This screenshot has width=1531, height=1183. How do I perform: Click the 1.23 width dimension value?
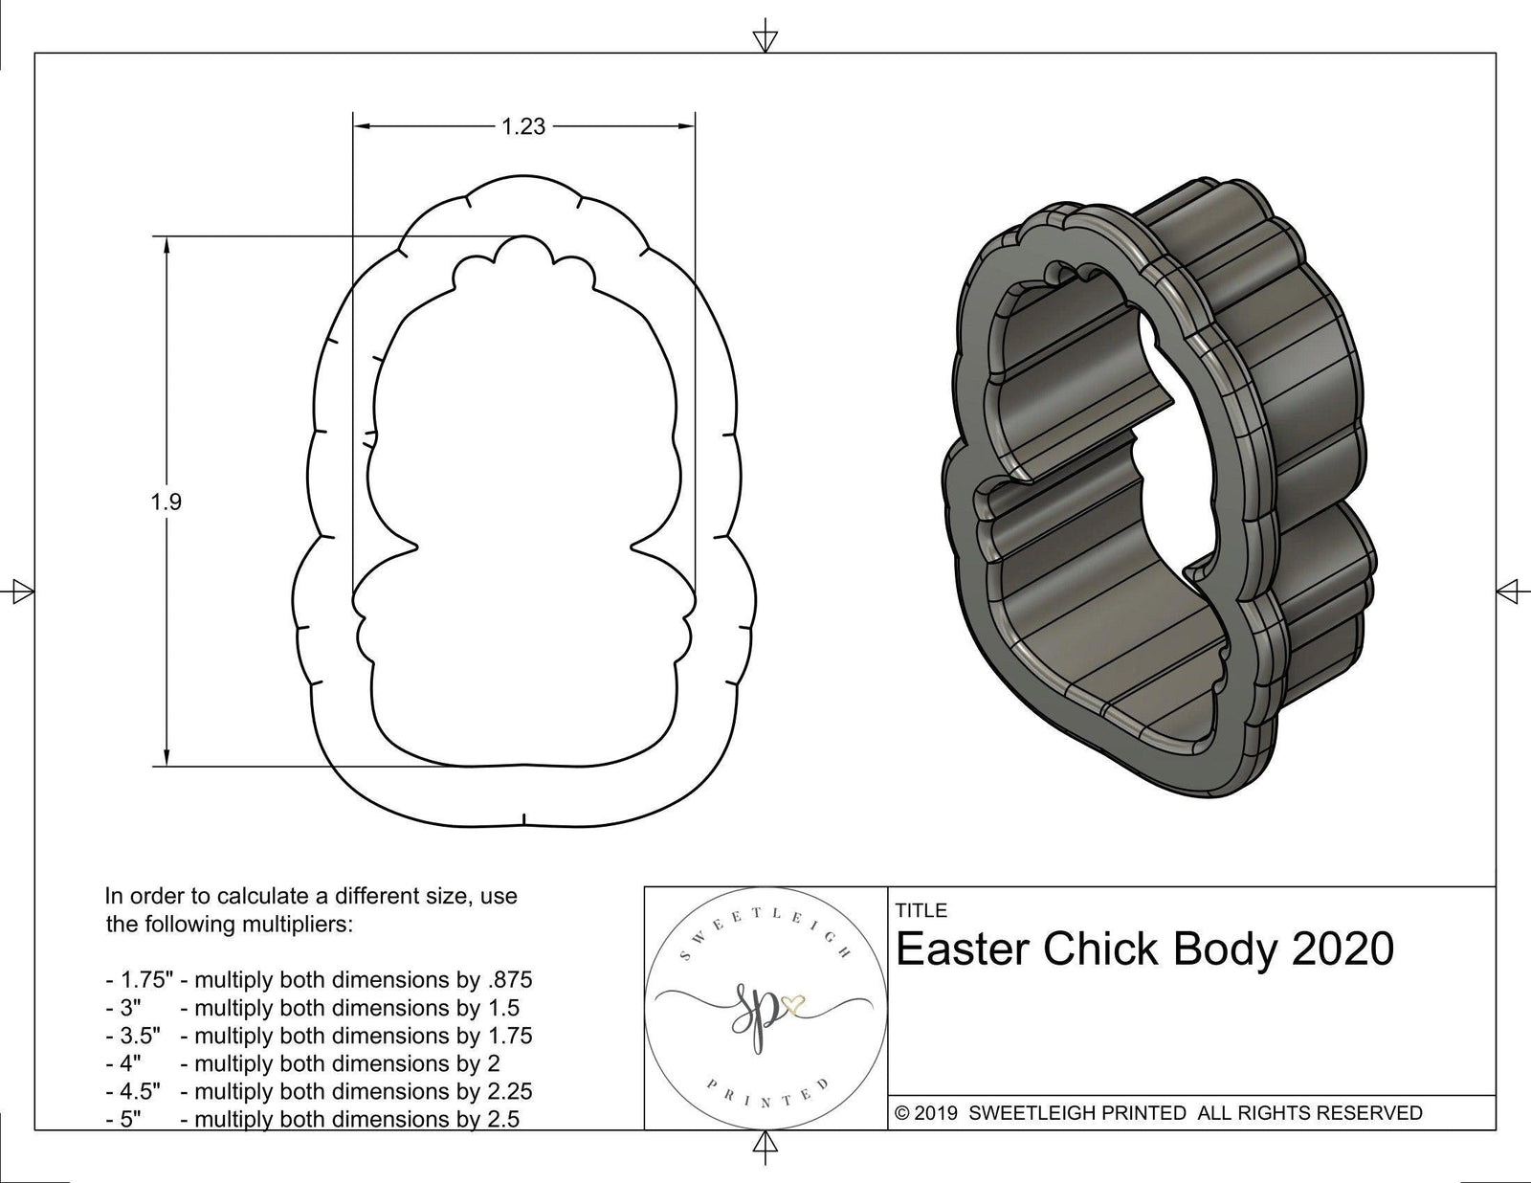tap(523, 126)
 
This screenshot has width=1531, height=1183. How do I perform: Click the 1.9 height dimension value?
tap(166, 502)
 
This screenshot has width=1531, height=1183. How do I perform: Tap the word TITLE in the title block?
tap(921, 910)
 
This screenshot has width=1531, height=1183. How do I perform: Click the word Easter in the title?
tap(962, 949)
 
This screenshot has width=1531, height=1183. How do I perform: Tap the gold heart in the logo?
tap(794, 1004)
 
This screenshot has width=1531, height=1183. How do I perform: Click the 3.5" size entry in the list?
tap(133, 1036)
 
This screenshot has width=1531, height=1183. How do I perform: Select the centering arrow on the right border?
tap(1509, 591)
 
